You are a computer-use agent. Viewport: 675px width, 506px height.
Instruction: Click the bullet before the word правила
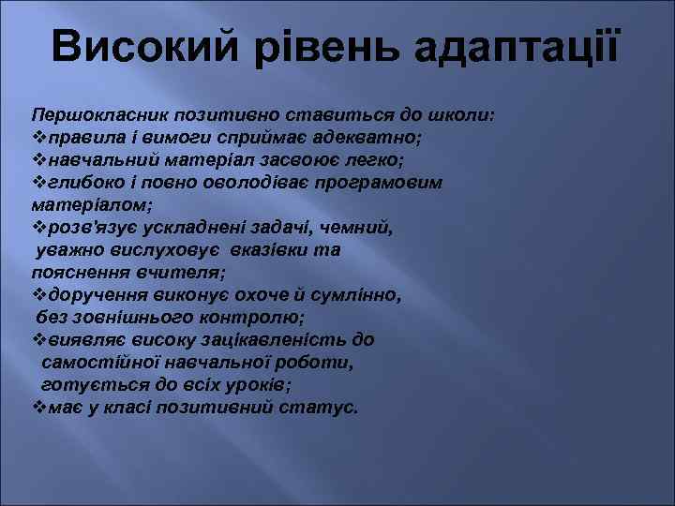(39, 139)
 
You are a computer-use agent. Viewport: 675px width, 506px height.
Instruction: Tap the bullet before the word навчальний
(39, 159)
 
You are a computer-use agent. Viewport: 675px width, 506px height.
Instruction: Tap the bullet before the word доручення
(39, 296)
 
